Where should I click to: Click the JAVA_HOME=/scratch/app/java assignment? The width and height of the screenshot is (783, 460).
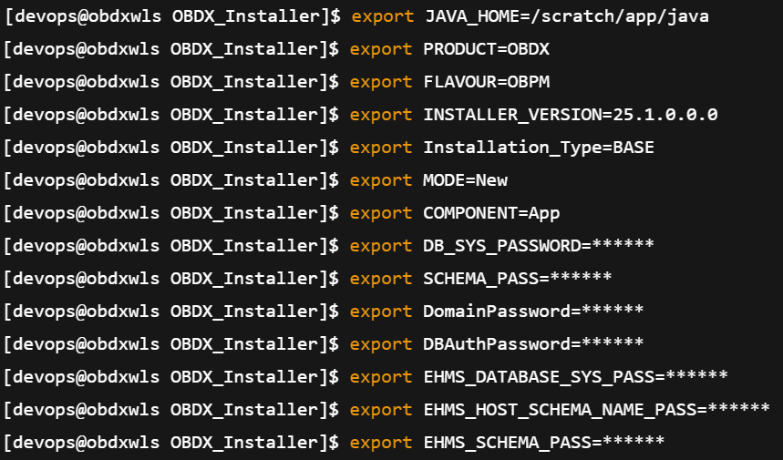[x=566, y=16]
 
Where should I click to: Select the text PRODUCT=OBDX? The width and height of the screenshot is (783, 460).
[x=487, y=49]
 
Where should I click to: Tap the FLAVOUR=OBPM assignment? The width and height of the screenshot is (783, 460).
[x=487, y=82]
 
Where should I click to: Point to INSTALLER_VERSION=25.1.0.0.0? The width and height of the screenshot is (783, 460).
[x=571, y=115]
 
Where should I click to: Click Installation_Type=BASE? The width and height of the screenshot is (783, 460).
[x=539, y=148]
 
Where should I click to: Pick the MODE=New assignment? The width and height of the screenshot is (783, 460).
[x=466, y=180]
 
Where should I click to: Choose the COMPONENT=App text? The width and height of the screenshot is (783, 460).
[x=491, y=213]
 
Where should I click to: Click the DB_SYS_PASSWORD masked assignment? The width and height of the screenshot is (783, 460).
[x=539, y=246]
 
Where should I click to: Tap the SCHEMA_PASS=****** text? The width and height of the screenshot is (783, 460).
[x=518, y=279]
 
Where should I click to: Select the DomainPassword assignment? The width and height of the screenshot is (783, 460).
[x=533, y=312]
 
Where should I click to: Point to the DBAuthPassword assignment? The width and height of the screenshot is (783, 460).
[x=533, y=344]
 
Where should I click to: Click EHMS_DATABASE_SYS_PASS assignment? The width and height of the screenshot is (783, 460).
[x=575, y=377]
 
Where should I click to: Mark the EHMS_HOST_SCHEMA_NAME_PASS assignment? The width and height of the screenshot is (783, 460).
[x=596, y=410]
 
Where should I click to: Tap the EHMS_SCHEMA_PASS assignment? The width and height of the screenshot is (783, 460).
[x=544, y=443]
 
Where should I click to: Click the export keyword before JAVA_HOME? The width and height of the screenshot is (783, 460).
[x=382, y=16]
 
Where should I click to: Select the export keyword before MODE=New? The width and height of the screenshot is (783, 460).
[x=382, y=180]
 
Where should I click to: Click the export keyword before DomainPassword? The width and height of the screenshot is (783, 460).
[x=382, y=312]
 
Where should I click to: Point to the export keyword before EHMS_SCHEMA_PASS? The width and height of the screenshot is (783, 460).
[x=382, y=443]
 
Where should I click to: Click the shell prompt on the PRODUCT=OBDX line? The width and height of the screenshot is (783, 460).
[x=171, y=49]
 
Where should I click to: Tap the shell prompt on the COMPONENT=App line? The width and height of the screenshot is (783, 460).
[x=171, y=213]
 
